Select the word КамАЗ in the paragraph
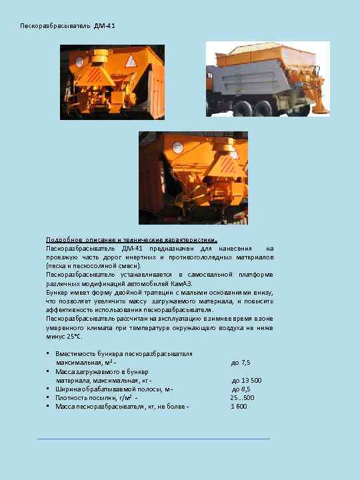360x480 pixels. (182, 283)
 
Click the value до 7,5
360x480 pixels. (240, 363)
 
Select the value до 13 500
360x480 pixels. (246, 380)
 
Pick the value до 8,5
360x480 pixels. (241, 389)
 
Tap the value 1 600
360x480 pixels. (239, 406)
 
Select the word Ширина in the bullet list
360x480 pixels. (69, 389)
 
